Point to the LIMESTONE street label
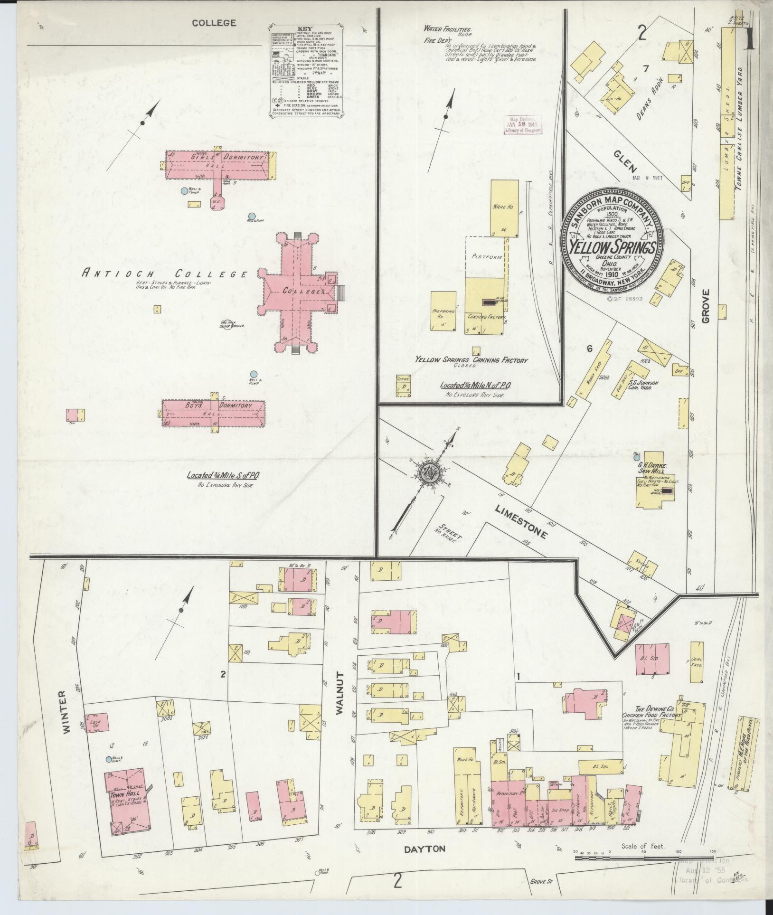(x=521, y=521)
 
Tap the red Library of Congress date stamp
(x=521, y=125)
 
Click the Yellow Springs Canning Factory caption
(x=471, y=360)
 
